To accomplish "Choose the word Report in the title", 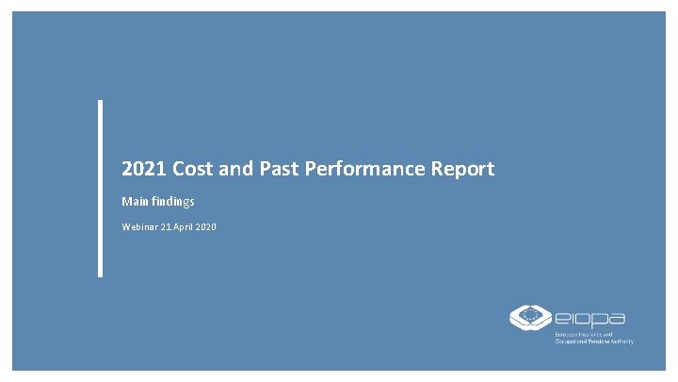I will click(461, 170).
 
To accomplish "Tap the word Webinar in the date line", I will click(141, 227).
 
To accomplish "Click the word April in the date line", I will click(187, 227).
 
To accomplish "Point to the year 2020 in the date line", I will click(208, 227).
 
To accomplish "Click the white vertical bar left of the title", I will click(100, 189).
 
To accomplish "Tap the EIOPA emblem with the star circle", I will click(529, 316).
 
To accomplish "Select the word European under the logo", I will click(569, 334).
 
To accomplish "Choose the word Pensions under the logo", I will click(603, 341).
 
